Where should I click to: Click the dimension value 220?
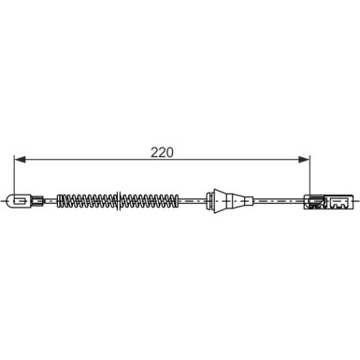162,152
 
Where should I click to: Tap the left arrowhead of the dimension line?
20,159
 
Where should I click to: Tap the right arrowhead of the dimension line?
305,159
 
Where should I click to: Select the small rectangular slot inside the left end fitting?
21,201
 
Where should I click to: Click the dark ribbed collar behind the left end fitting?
37,201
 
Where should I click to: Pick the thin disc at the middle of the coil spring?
118,201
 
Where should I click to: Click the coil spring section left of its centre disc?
88,201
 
